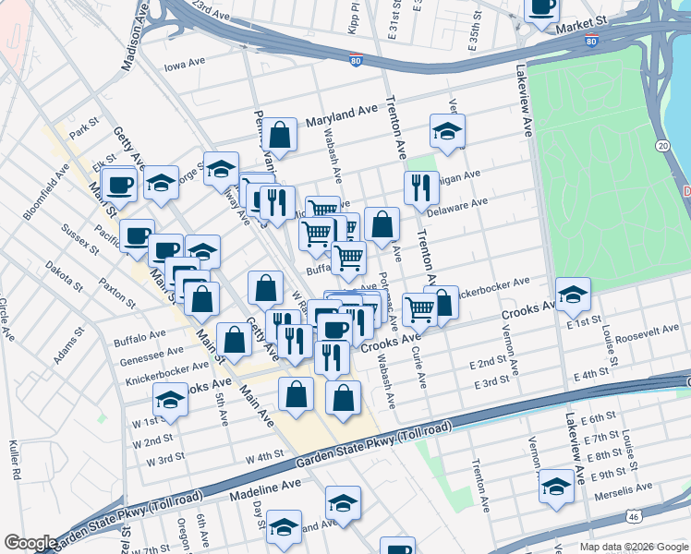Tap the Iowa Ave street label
(184, 66)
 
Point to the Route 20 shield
(662, 146)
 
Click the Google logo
(30, 543)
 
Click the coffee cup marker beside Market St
(541, 7)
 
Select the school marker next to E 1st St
(573, 294)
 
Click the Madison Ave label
(135, 43)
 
